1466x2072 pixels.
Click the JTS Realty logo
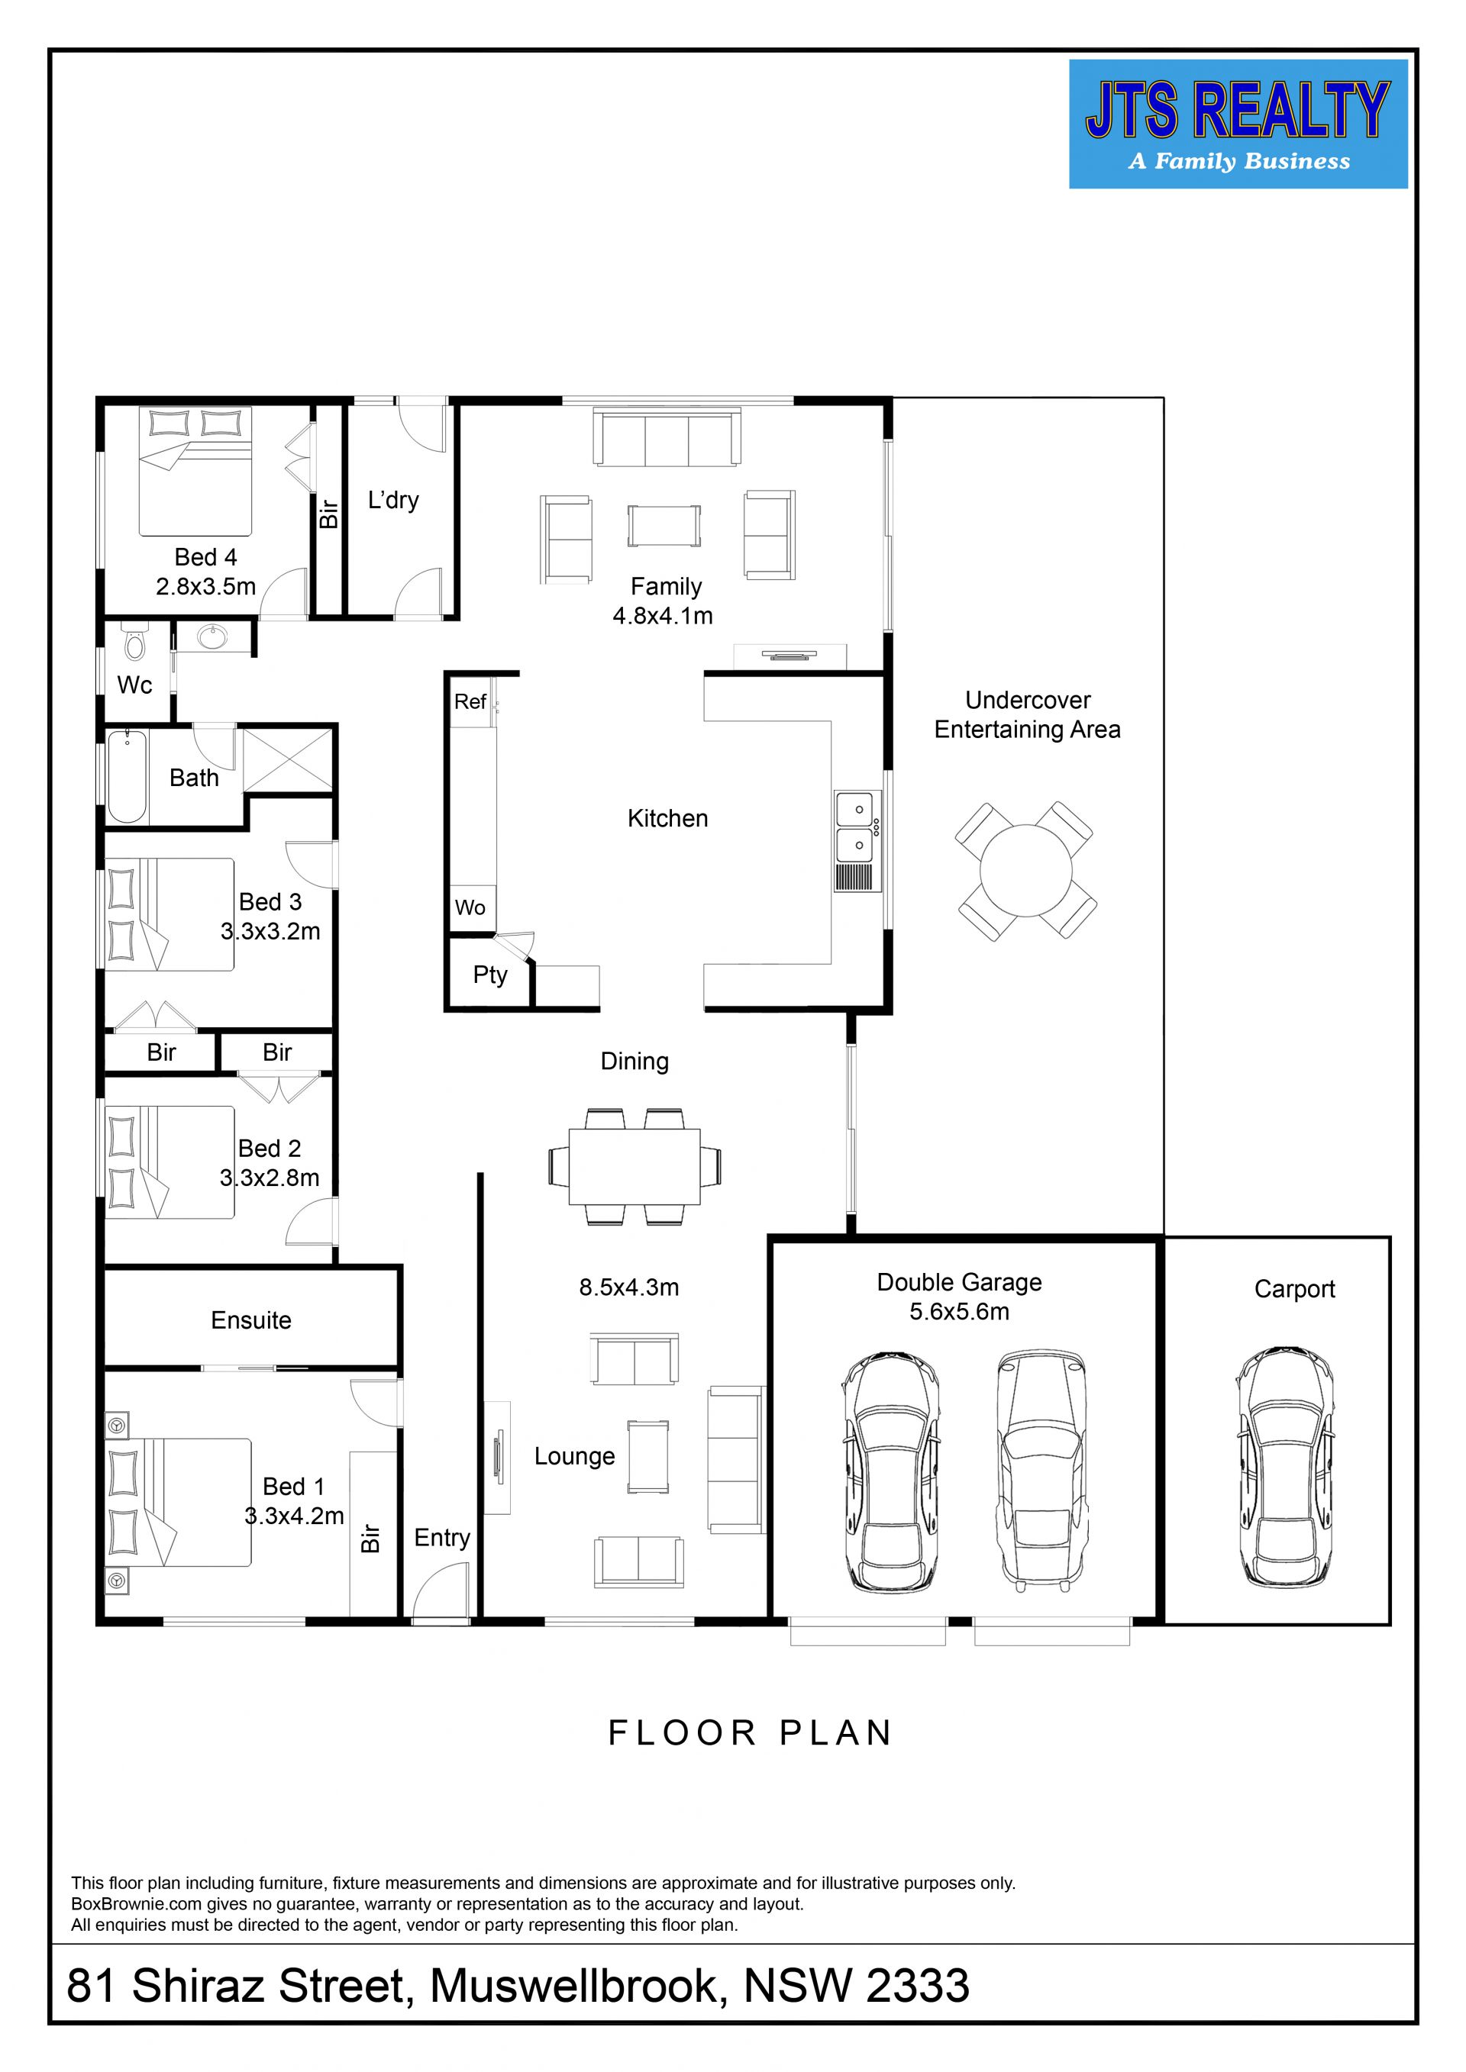coord(1238,124)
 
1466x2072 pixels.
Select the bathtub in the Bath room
coord(128,776)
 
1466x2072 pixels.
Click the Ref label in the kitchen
coord(470,701)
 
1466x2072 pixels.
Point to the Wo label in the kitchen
coord(470,907)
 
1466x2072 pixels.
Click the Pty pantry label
coord(490,975)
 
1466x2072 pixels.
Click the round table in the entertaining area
coord(1025,871)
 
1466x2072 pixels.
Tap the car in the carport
coord(1284,1468)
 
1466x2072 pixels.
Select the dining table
coord(635,1166)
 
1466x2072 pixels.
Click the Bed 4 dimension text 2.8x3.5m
coord(206,587)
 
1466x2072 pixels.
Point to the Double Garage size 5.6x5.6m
coord(959,1311)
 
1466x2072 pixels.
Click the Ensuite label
coord(251,1320)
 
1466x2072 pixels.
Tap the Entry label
coord(442,1538)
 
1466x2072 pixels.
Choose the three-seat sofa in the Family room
coord(667,437)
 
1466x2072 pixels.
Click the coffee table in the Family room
coord(664,525)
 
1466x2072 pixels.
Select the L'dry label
coord(393,501)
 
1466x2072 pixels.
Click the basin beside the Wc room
coord(213,637)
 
